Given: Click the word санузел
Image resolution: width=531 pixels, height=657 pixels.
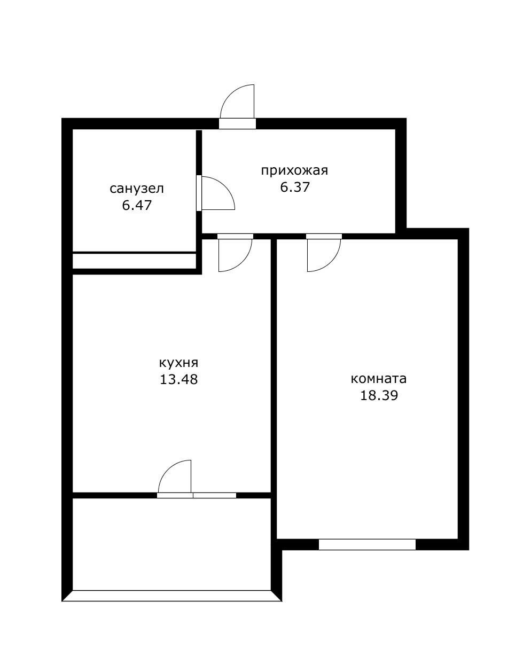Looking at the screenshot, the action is [136, 189].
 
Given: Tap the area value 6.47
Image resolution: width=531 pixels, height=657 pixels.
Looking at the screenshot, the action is [137, 206].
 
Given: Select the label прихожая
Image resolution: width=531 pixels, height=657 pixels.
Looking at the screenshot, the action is [294, 170].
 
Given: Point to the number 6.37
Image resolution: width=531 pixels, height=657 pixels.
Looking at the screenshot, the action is [295, 187].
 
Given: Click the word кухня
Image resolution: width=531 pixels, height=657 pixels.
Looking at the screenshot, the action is [178, 363].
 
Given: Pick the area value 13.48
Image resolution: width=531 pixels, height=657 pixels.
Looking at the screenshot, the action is [178, 379].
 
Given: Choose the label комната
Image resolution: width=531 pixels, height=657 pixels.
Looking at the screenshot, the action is [379, 379].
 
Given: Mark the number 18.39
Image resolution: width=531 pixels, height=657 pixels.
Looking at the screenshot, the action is [379, 395].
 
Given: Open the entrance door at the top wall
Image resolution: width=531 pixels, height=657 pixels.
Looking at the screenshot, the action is [237, 106].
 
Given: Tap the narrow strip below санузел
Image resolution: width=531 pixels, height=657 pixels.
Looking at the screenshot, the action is [134, 261].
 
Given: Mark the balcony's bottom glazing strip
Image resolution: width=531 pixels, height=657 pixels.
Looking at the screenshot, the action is [172, 596].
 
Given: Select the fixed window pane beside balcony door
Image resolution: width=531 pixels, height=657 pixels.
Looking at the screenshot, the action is [215, 495].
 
